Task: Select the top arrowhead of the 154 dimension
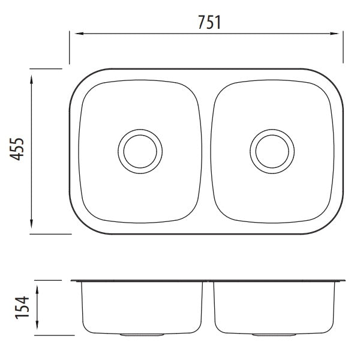click(38, 287)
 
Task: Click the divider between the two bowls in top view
click(206, 150)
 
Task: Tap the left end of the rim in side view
click(72, 281)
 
